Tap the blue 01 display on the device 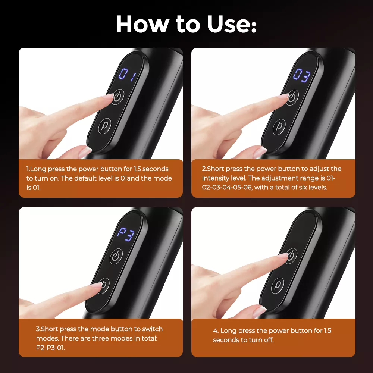pos(128,75)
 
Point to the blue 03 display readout pos(302,75)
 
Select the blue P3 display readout pos(126,234)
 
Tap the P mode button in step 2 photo pos(279,127)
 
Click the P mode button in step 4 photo pos(278,285)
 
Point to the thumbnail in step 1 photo pos(84,152)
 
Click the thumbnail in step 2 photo pos(259,152)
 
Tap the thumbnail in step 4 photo pos(259,311)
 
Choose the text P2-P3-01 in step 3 pos(50,348)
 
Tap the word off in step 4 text pos(269,340)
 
